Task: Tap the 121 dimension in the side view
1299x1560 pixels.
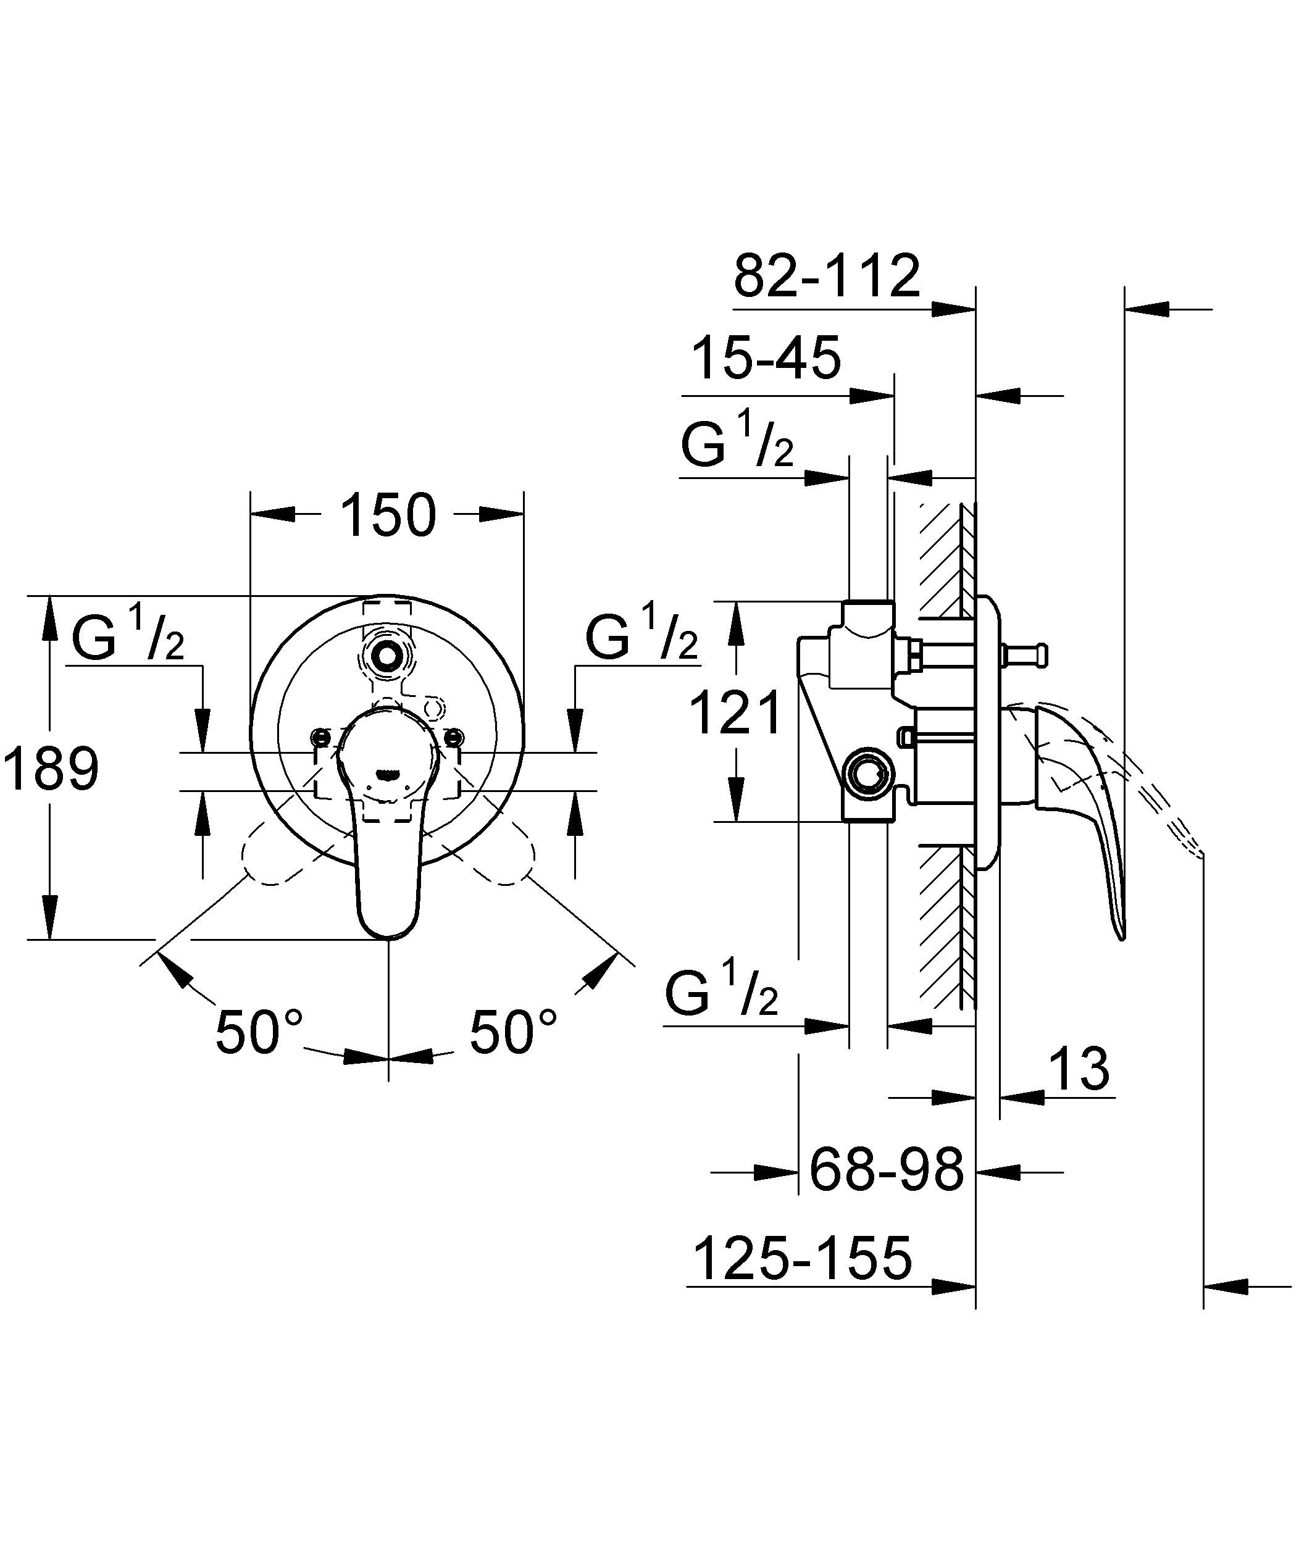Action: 736,712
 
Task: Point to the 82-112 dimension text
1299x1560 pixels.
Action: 826,277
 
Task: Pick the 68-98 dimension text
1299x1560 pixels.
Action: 886,1170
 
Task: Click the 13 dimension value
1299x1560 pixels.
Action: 1079,1069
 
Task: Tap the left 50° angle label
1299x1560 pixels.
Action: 259,1033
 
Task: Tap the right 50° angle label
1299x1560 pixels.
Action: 513,1033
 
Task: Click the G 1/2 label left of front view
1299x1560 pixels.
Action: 128,635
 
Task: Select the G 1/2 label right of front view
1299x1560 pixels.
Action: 641,635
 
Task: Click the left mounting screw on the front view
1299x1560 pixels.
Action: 321,737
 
